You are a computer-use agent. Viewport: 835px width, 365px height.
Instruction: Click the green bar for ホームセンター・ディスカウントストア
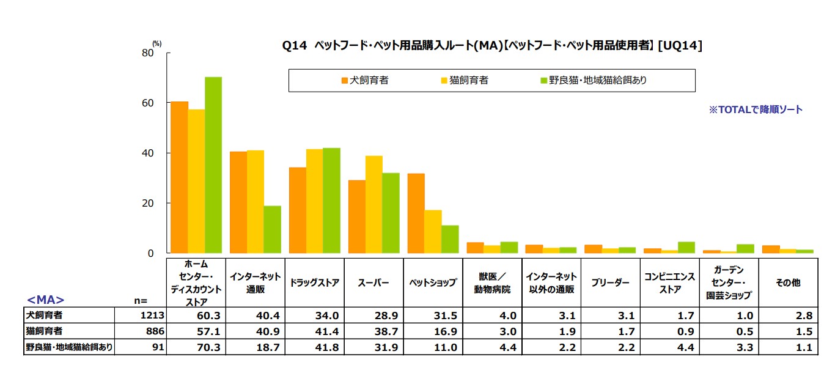[213, 165]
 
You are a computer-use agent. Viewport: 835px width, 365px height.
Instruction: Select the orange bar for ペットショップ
[416, 213]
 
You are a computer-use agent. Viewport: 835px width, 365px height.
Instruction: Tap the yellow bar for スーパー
[373, 204]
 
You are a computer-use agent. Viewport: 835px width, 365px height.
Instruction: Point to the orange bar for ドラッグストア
[298, 210]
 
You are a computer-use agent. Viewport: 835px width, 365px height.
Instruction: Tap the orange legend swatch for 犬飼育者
[345, 80]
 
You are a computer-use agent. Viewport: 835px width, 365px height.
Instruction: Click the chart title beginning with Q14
[491, 45]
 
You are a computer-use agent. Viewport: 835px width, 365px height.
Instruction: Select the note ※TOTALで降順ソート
[755, 109]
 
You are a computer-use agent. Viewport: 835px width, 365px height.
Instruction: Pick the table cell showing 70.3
[196, 347]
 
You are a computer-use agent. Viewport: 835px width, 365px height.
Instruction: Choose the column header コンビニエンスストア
[669, 283]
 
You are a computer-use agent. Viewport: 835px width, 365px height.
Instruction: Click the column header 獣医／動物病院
[493, 283]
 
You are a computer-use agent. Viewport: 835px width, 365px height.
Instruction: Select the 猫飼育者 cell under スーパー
[373, 331]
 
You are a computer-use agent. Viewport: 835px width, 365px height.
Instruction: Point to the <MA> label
[46, 300]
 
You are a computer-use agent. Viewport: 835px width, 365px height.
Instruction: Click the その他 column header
[787, 283]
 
